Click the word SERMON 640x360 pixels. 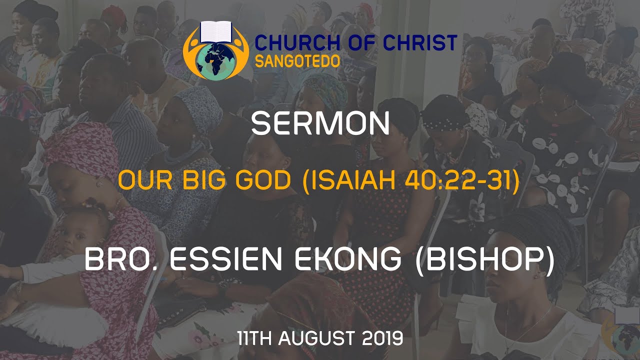320,124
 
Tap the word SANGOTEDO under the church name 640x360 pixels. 297,61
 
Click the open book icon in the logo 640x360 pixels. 214,32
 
